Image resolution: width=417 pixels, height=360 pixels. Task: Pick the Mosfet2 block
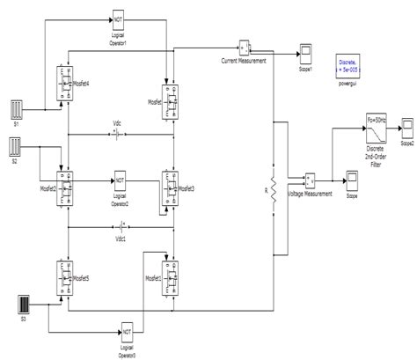point(65,187)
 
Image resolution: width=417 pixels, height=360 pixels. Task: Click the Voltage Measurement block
point(311,180)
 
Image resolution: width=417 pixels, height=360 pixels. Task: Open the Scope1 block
point(305,49)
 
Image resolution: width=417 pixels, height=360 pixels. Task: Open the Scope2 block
point(407,125)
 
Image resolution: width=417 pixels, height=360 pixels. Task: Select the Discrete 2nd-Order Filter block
point(376,129)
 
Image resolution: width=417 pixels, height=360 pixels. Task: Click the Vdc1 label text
point(120,238)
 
